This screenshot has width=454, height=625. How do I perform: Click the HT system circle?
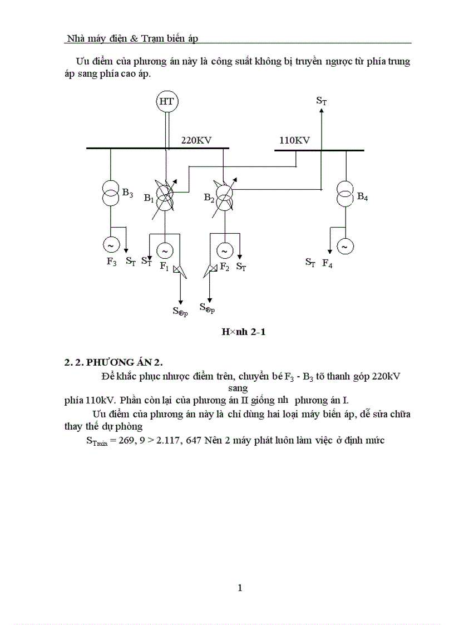pyautogui.click(x=166, y=101)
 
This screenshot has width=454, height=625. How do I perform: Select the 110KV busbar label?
pyautogui.click(x=294, y=140)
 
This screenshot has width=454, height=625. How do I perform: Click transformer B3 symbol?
pyautogui.click(x=110, y=193)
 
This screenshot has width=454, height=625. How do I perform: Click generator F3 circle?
pyautogui.click(x=110, y=244)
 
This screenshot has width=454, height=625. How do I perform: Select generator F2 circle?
pyautogui.click(x=224, y=251)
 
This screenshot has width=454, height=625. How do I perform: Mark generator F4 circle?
pyautogui.click(x=345, y=246)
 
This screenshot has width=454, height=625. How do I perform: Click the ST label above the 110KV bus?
pyautogui.click(x=321, y=101)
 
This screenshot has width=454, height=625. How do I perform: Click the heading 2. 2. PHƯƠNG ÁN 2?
pyautogui.click(x=113, y=362)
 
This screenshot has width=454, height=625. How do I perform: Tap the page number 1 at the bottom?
pyautogui.click(x=240, y=588)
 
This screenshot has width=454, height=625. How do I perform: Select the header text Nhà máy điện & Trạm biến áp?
pyautogui.click(x=132, y=38)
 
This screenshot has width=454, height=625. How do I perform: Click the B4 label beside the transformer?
pyautogui.click(x=362, y=196)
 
